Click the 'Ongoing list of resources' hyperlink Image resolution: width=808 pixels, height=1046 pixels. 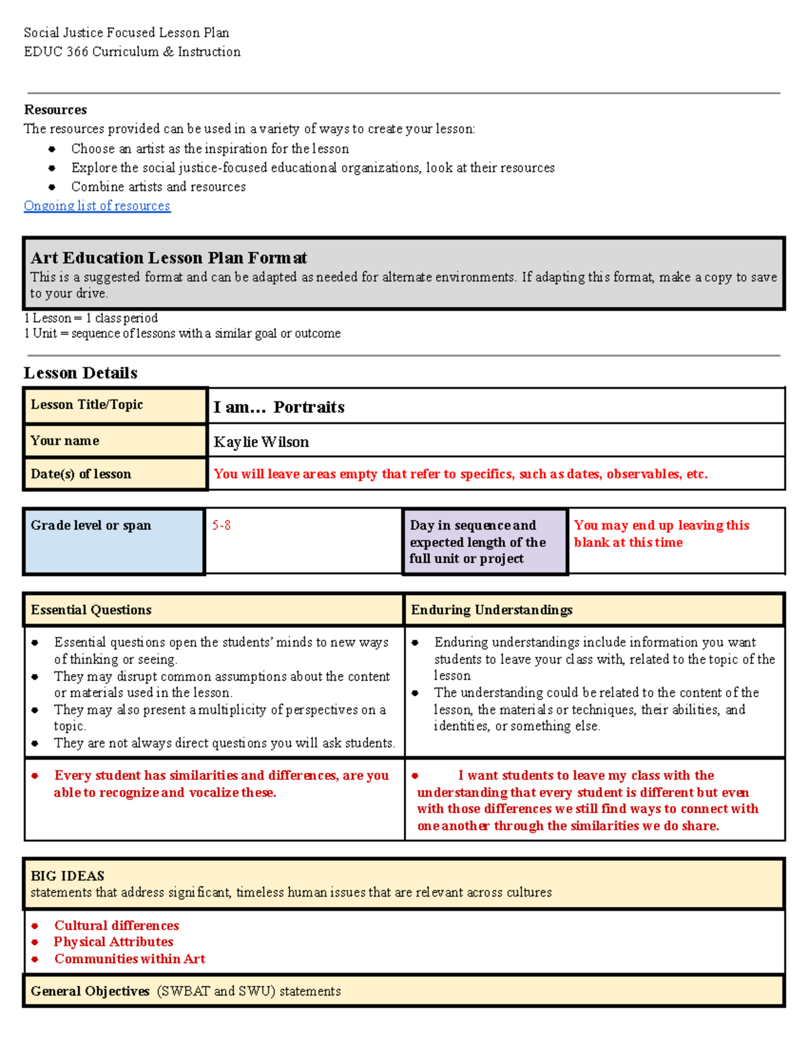pyautogui.click(x=97, y=206)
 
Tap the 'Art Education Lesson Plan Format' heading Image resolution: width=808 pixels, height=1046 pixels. pyautogui.click(x=168, y=258)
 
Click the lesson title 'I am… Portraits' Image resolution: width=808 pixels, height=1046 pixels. pyautogui.click(x=279, y=407)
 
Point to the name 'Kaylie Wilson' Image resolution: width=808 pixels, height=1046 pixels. pyautogui.click(x=261, y=442)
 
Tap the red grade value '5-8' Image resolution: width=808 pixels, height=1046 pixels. pyautogui.click(x=222, y=525)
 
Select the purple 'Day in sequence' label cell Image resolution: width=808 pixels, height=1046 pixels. pyautogui.click(x=485, y=542)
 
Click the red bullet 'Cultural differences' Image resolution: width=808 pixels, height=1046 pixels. pyautogui.click(x=116, y=925)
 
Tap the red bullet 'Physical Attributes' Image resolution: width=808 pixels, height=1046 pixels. pyautogui.click(x=113, y=942)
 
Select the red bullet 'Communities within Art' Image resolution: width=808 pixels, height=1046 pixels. pyautogui.click(x=129, y=958)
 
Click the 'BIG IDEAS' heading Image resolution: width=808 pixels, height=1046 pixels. pyautogui.click(x=67, y=876)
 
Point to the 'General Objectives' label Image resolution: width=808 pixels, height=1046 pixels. pyautogui.click(x=90, y=991)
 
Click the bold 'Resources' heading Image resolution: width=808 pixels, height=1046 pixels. pyautogui.click(x=55, y=110)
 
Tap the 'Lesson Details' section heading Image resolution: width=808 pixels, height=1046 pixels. pyautogui.click(x=80, y=373)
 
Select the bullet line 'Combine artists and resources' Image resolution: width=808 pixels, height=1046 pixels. pyautogui.click(x=158, y=187)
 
